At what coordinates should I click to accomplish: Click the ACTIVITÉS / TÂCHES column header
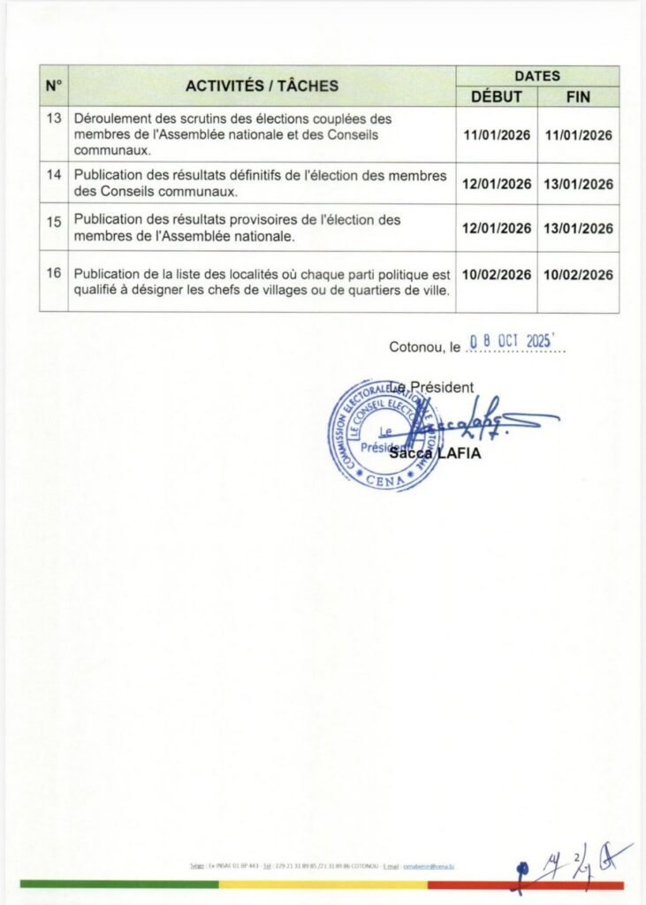(262, 86)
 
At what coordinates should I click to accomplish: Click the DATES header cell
(537, 76)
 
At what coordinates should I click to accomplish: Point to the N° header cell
(54, 86)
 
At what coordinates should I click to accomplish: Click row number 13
(54, 118)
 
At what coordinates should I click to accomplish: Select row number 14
(54, 175)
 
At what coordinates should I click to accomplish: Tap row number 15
(54, 219)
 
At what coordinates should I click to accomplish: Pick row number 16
(54, 272)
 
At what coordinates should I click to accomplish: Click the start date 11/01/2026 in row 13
(497, 135)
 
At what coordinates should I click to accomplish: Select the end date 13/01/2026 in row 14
(578, 184)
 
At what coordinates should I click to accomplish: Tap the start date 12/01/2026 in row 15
(497, 228)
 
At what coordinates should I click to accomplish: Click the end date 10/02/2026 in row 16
(578, 275)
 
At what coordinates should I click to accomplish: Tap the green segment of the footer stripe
(118, 884)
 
